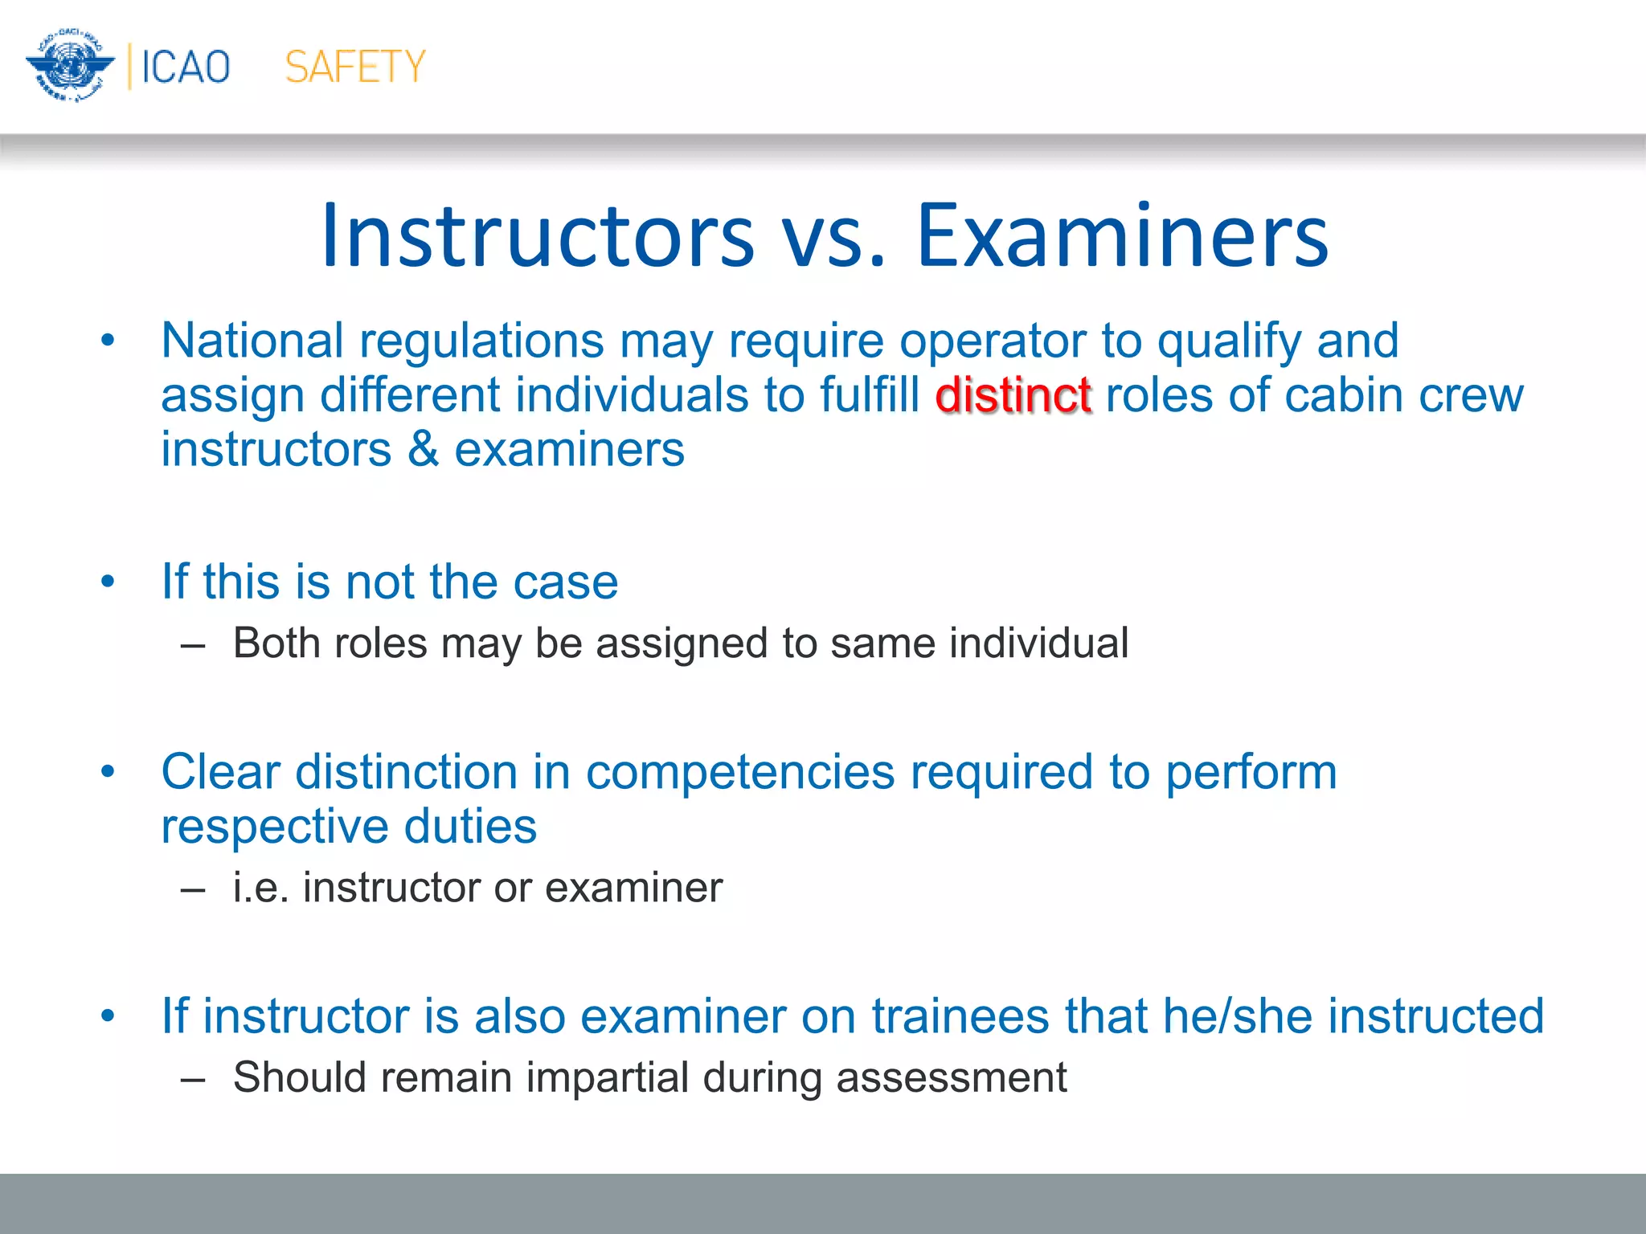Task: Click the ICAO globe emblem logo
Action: coord(69,66)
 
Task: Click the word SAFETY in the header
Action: coord(354,67)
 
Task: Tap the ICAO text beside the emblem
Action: coord(186,67)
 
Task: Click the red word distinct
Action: coord(1013,395)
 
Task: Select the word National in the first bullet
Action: coord(252,341)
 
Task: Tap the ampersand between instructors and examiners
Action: coord(423,449)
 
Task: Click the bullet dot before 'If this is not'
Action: coord(109,581)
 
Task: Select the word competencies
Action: coord(739,772)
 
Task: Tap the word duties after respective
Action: coord(469,827)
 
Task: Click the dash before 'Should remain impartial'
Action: coord(193,1078)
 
